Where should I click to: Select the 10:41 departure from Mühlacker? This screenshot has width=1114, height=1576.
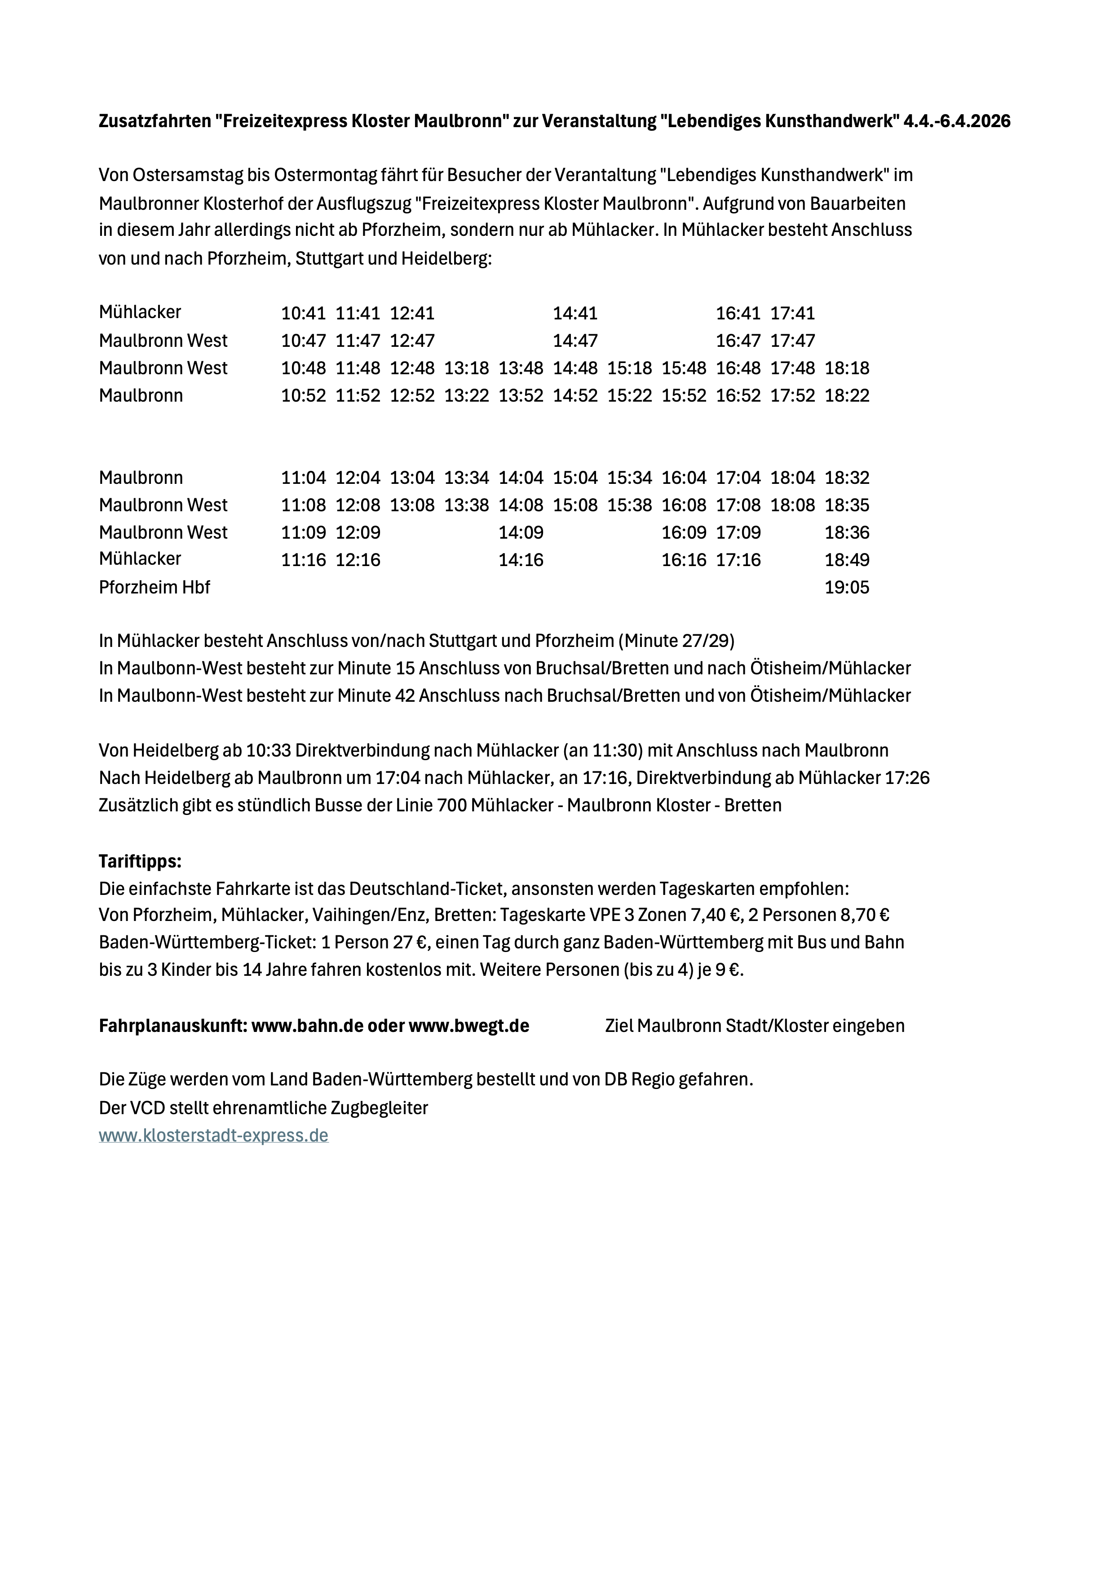(x=303, y=314)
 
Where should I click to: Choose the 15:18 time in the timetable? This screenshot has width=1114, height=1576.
(x=629, y=368)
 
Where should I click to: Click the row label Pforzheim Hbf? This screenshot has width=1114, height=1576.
(x=155, y=588)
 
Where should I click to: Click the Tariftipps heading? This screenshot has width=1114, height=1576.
(x=140, y=861)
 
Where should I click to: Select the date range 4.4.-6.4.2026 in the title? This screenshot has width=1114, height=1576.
(x=956, y=121)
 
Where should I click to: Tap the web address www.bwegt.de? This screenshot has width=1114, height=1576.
(x=469, y=1026)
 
